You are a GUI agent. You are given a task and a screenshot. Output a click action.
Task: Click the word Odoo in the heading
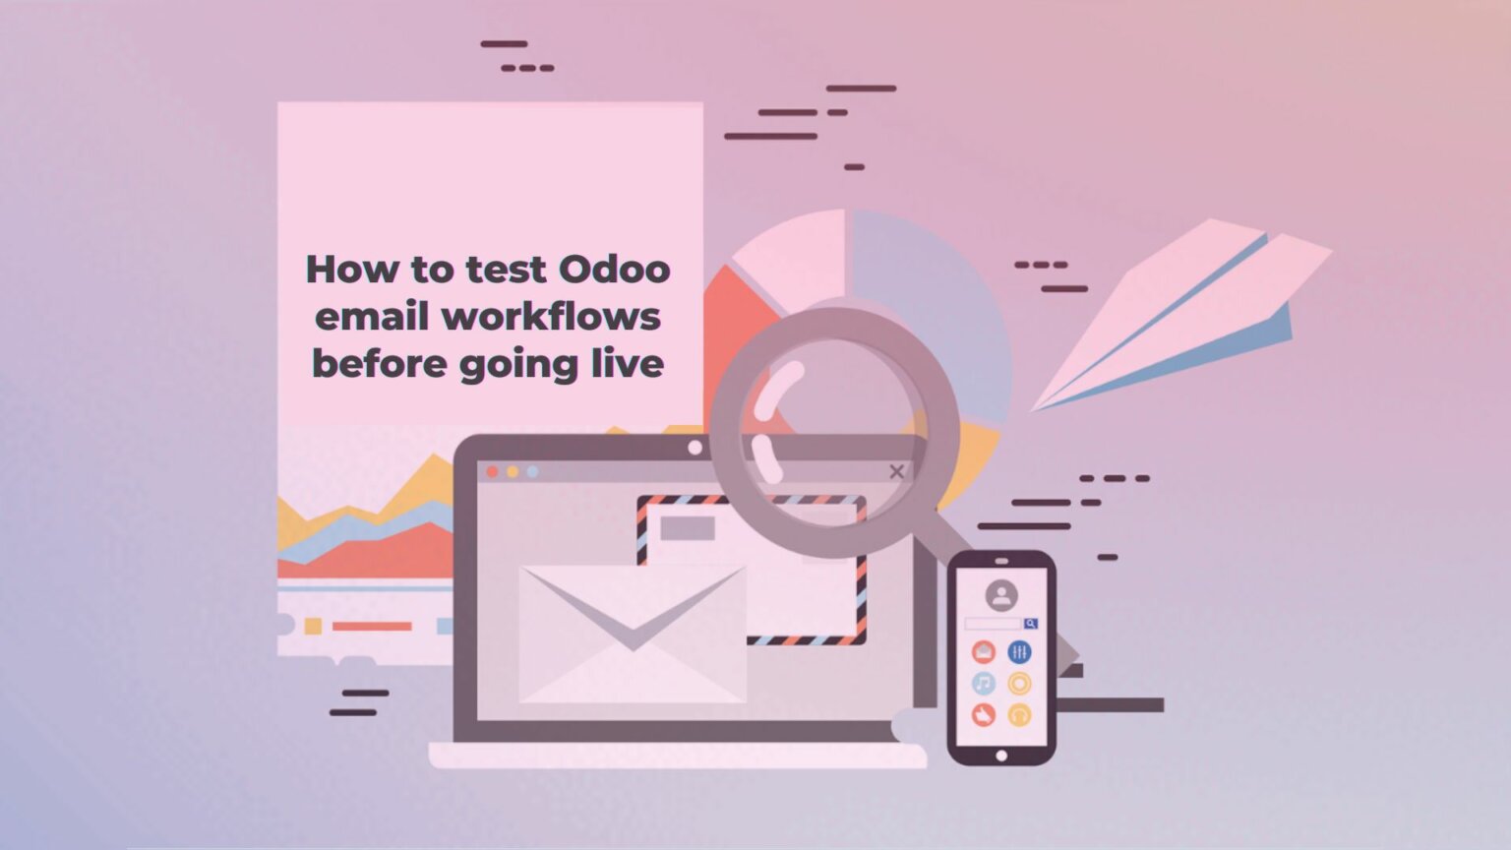(614, 270)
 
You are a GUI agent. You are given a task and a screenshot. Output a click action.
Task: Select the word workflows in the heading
(551, 317)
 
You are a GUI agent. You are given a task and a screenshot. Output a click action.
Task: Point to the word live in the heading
(628, 364)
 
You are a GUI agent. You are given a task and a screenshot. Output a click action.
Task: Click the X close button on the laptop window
(896, 471)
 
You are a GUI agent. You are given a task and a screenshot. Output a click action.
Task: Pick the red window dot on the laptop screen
(492, 472)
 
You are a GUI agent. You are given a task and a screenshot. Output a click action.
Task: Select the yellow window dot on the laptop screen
(513, 472)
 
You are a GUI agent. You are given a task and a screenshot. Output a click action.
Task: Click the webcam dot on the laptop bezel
(695, 448)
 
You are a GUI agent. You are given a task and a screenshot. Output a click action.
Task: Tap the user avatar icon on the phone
(1001, 595)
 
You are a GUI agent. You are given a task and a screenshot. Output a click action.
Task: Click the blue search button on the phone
(1030, 624)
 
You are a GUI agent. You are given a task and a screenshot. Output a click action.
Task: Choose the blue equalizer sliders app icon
(1019, 651)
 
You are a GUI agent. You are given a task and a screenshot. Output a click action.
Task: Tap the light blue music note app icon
(984, 683)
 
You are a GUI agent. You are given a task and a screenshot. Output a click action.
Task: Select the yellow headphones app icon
(1019, 715)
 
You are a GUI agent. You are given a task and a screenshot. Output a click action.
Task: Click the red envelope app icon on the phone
(984, 651)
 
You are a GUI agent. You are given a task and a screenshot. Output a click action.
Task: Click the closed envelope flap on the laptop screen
(632, 605)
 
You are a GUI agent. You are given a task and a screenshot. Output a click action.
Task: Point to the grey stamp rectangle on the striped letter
(688, 528)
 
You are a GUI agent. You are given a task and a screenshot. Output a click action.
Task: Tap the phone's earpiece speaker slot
(1001, 562)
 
